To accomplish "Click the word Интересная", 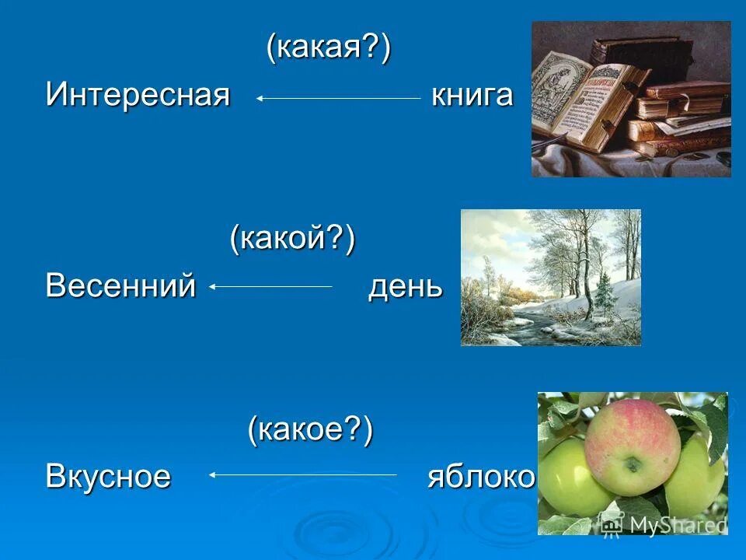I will (138, 96).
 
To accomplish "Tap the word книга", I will (472, 96).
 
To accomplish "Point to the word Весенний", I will (120, 285).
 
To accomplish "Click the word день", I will (405, 286).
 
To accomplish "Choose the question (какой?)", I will (292, 238).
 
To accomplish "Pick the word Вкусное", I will (108, 474).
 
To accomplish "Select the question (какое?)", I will (311, 429).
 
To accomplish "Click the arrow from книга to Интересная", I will (338, 98).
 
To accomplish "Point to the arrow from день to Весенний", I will (270, 286).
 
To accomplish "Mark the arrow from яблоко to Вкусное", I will (303, 474).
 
